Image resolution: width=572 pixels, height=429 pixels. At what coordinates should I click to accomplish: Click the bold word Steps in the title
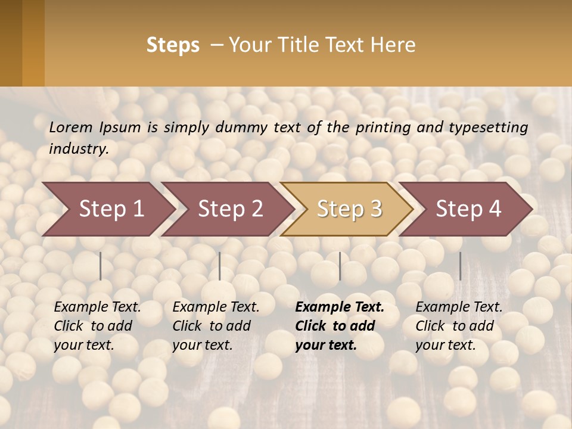tap(173, 45)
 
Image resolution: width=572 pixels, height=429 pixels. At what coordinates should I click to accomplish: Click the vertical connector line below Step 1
tap(101, 266)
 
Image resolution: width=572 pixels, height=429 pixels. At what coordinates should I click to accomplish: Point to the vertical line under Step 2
tap(220, 266)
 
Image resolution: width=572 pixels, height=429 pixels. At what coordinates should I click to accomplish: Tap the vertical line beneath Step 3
tap(340, 266)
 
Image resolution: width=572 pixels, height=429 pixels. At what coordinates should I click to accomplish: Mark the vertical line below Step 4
tap(460, 266)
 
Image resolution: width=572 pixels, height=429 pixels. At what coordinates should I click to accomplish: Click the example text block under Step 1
tap(97, 326)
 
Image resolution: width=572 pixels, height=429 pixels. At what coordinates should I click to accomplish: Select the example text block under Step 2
tap(216, 326)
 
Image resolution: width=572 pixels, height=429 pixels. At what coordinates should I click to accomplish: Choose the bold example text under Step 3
tap(340, 326)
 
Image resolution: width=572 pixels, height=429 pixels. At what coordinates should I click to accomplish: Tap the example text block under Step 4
tap(459, 326)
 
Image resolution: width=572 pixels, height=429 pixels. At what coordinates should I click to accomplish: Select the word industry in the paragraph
tap(79, 149)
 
